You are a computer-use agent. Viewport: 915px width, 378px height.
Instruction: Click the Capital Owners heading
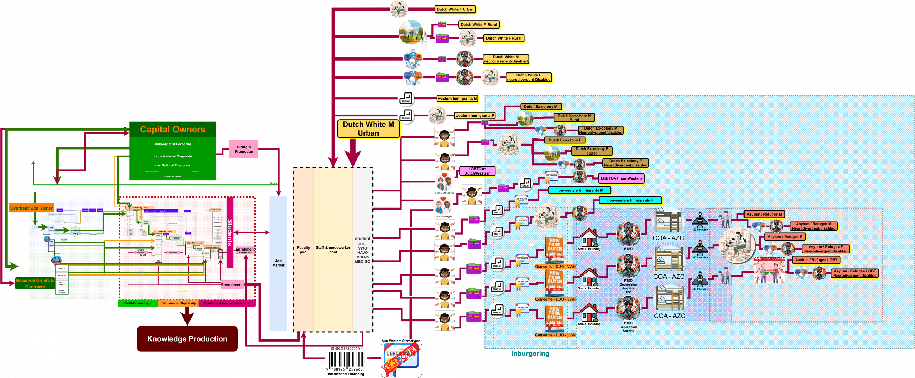[173, 129]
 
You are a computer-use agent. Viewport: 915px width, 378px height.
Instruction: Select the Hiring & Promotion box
[244, 149]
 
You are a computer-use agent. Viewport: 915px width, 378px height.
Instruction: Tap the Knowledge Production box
[187, 339]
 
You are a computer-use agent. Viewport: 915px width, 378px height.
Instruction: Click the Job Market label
[278, 263]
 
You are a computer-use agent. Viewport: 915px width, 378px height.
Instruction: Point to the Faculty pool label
[303, 250]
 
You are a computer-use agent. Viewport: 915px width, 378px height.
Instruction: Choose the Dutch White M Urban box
[368, 129]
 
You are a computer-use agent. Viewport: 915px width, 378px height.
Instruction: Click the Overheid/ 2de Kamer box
[31, 208]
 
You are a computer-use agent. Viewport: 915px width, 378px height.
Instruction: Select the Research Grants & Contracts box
[35, 283]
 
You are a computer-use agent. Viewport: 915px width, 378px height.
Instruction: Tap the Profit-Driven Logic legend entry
[138, 303]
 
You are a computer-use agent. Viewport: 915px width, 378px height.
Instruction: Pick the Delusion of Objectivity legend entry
[178, 303]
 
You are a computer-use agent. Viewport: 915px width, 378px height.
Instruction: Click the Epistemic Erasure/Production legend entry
[227, 303]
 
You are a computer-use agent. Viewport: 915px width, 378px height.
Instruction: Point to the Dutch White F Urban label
[455, 10]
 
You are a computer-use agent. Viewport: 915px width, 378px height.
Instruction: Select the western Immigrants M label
[457, 99]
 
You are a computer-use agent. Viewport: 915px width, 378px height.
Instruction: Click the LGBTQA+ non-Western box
[621, 178]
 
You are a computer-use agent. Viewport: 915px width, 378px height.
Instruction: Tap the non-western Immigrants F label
[630, 201]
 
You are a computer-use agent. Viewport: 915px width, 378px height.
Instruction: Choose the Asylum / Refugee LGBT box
[816, 260]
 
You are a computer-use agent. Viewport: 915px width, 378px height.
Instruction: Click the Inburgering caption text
[530, 354]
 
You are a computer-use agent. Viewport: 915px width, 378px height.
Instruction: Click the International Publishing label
[346, 374]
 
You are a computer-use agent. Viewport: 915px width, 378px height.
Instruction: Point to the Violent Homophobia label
[769, 259]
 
